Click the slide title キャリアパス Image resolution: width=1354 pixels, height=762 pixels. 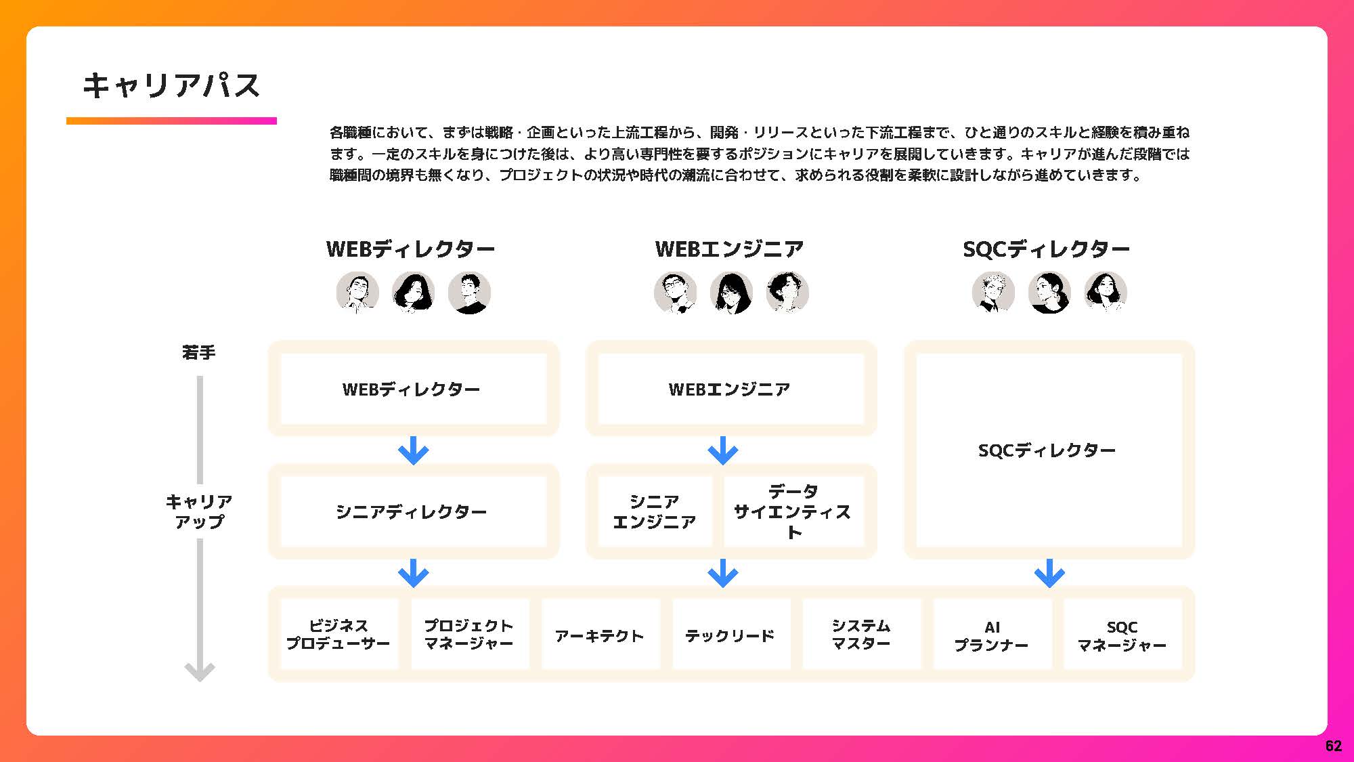(171, 86)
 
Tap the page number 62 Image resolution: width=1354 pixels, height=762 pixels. (1333, 746)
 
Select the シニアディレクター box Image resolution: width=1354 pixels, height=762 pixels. (413, 511)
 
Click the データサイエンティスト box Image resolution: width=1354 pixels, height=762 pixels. (793, 511)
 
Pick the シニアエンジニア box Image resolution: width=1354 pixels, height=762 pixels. (655, 511)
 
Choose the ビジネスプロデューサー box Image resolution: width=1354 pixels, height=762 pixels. (338, 635)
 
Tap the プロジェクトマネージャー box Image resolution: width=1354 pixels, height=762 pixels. (469, 635)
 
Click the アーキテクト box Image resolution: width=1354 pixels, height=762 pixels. (600, 635)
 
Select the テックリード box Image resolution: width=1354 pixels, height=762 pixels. (730, 635)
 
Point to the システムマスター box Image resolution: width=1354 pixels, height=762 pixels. (861, 635)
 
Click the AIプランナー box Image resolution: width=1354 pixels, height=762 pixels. (992, 635)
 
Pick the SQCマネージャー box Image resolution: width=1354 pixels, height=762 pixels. (1122, 635)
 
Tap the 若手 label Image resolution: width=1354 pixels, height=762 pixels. (199, 352)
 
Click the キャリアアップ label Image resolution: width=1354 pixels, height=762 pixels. (199, 511)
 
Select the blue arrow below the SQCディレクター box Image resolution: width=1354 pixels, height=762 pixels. (1049, 573)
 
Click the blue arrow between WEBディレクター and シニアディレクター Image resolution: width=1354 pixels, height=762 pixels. (413, 450)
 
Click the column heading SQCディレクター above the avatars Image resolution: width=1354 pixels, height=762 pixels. (1047, 249)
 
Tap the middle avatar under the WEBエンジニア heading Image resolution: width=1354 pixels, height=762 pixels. (731, 293)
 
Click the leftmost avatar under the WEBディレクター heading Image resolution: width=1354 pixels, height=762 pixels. (357, 293)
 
